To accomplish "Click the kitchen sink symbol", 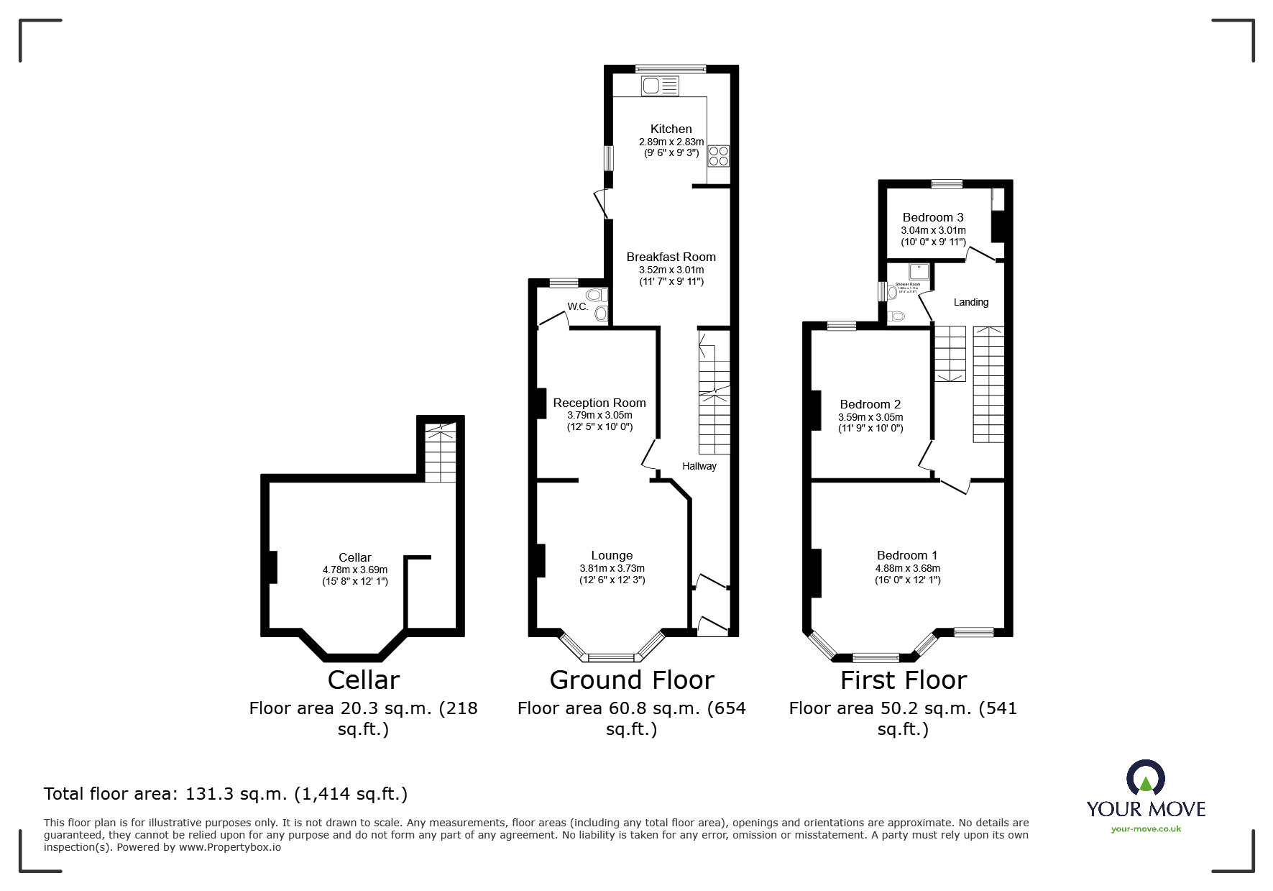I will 660,86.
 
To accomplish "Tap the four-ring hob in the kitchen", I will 718,156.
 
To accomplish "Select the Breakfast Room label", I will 671,257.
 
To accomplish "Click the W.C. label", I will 578,306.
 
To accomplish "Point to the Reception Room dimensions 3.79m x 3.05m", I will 599,415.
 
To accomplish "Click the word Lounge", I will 612,555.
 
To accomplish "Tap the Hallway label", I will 699,466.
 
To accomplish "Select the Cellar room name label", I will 355,557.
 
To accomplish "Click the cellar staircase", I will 439,453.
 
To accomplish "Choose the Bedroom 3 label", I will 933,217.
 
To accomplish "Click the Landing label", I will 970,302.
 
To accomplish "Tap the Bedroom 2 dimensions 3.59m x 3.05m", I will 870,417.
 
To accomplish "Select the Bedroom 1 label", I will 907,555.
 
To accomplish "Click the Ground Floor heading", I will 632,680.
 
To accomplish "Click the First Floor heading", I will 904,680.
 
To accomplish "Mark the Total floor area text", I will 226,794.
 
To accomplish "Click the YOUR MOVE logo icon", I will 1145,779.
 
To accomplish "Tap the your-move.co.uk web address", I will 1146,829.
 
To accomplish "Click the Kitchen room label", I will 671,129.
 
